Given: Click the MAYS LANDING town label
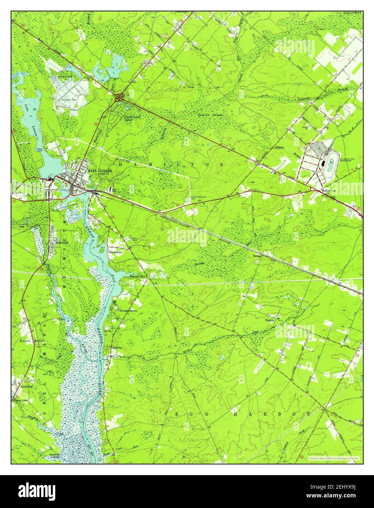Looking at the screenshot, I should click(100, 171).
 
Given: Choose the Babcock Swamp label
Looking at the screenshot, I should click(210, 115).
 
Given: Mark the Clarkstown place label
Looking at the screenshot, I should click(115, 252).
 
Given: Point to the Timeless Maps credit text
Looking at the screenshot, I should click(333, 458).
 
